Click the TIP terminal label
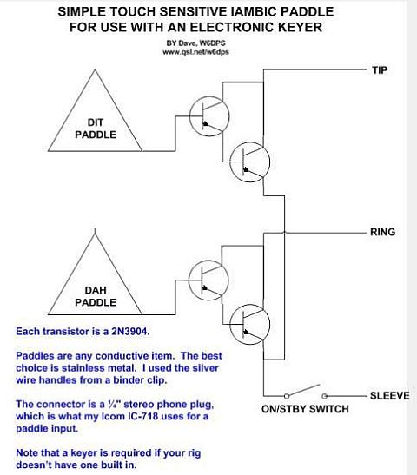coord(380,70)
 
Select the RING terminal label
coord(383,232)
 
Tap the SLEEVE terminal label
coord(390,396)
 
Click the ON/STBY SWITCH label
coord(305,409)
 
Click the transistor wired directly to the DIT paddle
coord(209,116)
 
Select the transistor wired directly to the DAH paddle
coord(208,280)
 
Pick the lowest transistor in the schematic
coord(249,325)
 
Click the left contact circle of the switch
coord(287,396)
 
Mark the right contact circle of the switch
coord(324,396)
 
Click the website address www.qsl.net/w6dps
coord(195,52)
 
